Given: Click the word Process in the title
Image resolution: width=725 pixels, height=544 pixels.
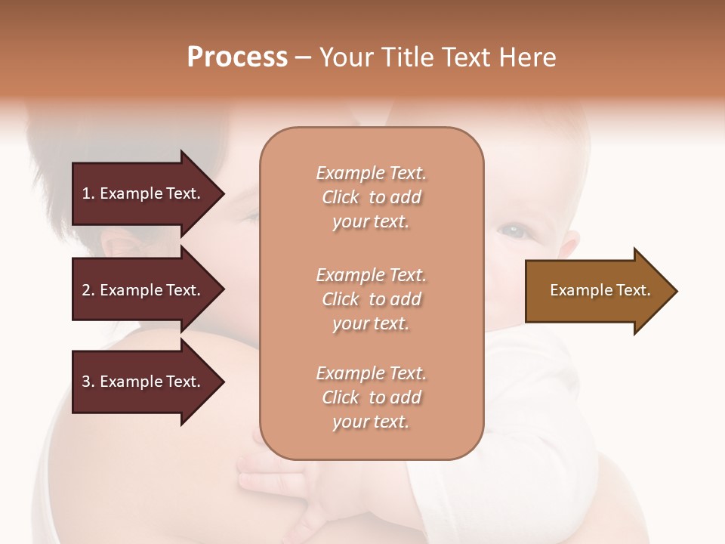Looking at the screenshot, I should coord(237,57).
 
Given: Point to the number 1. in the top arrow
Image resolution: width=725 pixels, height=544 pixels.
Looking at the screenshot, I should coord(88,193).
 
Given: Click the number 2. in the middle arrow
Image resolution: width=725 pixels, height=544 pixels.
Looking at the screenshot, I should coord(88,290).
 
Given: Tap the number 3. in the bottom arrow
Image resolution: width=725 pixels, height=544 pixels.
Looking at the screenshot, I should coord(88,382).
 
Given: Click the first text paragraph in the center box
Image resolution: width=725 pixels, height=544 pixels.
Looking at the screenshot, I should coord(371,197).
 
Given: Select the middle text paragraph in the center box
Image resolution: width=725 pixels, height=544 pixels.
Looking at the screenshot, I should coord(371,299).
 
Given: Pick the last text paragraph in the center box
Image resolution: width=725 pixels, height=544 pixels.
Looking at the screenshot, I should coord(371,397).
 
